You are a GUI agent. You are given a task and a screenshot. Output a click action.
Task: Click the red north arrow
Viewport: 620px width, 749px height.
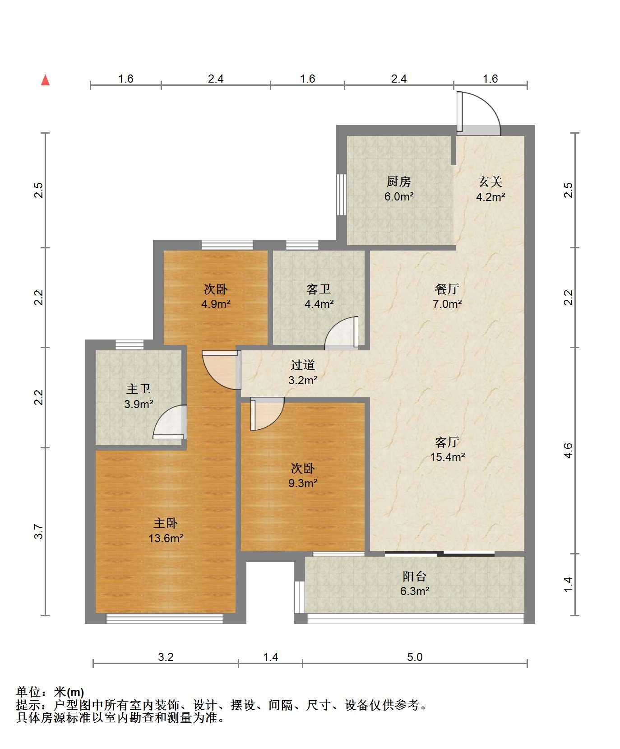pos(45,80)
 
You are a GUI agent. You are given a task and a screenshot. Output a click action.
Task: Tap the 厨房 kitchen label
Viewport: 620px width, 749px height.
pos(399,182)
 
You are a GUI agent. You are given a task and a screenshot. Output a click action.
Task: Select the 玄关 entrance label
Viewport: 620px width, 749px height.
pos(490,182)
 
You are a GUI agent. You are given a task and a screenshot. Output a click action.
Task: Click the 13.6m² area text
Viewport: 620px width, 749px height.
pos(166,538)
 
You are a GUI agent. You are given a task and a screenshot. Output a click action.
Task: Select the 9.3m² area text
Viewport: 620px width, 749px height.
pos(303,483)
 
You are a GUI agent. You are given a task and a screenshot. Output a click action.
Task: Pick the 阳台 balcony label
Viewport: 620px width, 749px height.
pos(414,577)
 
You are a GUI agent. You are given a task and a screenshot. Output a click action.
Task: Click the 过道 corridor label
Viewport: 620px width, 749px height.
pos(302,365)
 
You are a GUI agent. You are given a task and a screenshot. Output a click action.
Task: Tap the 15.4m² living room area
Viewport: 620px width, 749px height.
pos(447,457)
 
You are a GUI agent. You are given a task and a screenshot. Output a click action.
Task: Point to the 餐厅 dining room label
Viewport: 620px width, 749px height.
pos(447,288)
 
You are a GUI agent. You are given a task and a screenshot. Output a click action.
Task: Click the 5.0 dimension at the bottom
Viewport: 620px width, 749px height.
pos(415,657)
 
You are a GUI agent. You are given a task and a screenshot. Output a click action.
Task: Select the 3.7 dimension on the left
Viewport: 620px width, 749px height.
pos(39,531)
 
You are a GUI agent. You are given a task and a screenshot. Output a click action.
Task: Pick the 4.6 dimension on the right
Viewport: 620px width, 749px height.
pos(569,451)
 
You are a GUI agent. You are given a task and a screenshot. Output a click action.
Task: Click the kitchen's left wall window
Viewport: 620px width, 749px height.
pos(342,194)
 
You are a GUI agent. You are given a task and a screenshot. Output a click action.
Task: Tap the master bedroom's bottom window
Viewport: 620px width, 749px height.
pos(165,619)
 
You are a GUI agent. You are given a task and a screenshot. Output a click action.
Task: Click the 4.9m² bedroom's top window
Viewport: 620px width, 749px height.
pos(227,245)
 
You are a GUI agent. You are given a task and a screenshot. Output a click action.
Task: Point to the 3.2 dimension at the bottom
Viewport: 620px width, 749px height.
pos(166,657)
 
